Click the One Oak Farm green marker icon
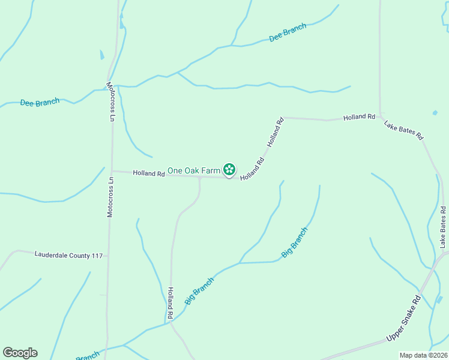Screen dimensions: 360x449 coord(229,170)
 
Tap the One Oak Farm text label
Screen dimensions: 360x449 coord(194,170)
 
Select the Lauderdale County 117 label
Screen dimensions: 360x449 coord(68,255)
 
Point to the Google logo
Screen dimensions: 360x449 coord(20,353)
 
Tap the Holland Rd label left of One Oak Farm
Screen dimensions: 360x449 coord(149,173)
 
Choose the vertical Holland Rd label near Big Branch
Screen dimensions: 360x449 coord(170,302)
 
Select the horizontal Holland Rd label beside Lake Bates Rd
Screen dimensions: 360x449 coord(359,117)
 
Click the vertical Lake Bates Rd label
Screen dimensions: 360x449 coord(443,227)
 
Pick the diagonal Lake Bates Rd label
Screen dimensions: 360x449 coord(404,131)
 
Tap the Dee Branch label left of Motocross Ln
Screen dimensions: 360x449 coord(40,103)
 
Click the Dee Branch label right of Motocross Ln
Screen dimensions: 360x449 coord(288,32)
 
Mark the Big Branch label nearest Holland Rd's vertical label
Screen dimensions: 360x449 coord(200,291)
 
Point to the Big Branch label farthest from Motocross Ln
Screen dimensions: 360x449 coord(295,243)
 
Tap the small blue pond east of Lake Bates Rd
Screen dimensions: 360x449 coord(434,112)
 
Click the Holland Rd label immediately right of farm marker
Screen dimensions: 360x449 coord(253,169)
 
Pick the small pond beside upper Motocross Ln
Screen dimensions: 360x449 coord(102,55)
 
